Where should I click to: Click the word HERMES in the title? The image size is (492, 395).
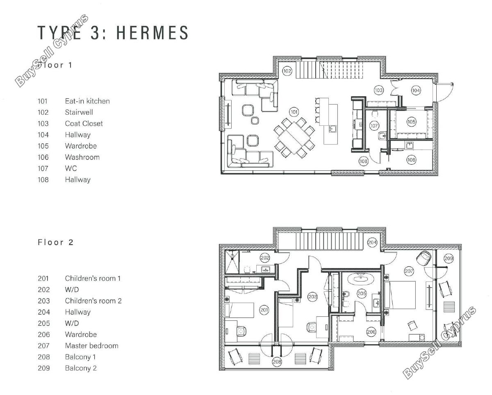(x=152, y=32)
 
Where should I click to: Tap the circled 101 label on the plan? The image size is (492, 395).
(x=294, y=112)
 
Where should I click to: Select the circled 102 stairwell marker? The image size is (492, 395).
(x=287, y=71)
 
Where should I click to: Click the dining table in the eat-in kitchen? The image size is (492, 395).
(x=294, y=138)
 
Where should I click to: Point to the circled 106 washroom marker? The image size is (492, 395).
(x=411, y=160)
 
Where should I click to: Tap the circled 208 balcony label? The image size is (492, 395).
(x=277, y=362)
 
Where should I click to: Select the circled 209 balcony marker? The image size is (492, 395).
(x=449, y=259)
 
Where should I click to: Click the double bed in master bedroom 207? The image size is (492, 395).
(x=400, y=295)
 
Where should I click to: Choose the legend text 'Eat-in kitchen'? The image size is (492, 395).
(x=87, y=101)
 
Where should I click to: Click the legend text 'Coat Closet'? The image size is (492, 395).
(x=84, y=123)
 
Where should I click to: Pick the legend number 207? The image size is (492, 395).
(x=44, y=346)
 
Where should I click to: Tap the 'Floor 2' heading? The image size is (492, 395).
(x=56, y=242)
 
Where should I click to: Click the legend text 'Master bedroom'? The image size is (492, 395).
(x=91, y=346)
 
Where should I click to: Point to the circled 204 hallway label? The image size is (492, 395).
(x=372, y=242)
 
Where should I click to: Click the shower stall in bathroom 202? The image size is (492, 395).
(x=232, y=262)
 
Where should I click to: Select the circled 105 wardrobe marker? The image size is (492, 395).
(x=411, y=122)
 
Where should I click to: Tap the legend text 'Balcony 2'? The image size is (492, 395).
(x=81, y=368)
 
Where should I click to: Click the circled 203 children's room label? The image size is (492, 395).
(x=312, y=297)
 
